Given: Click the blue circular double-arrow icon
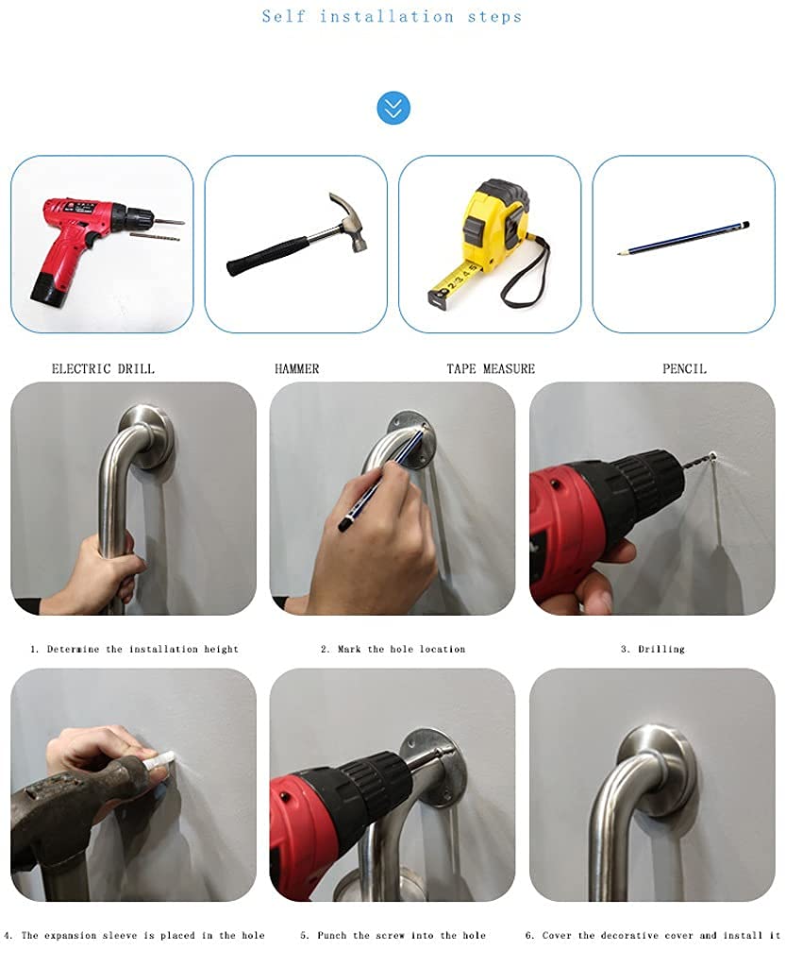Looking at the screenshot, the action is [393, 108].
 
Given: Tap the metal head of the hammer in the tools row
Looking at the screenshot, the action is [350, 223].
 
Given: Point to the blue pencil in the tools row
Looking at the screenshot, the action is [684, 238].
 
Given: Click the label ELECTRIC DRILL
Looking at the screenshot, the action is [103, 369].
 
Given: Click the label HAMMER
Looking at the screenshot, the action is [297, 369].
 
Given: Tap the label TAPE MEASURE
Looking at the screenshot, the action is [491, 369].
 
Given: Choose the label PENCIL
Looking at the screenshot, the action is [684, 369].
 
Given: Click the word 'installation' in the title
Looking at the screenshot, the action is [386, 17].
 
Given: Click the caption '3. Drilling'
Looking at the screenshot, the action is [652, 649].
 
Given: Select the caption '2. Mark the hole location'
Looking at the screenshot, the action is [393, 649].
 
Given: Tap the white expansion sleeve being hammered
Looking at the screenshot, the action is [159, 759].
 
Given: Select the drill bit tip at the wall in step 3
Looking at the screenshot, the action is [712, 457].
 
